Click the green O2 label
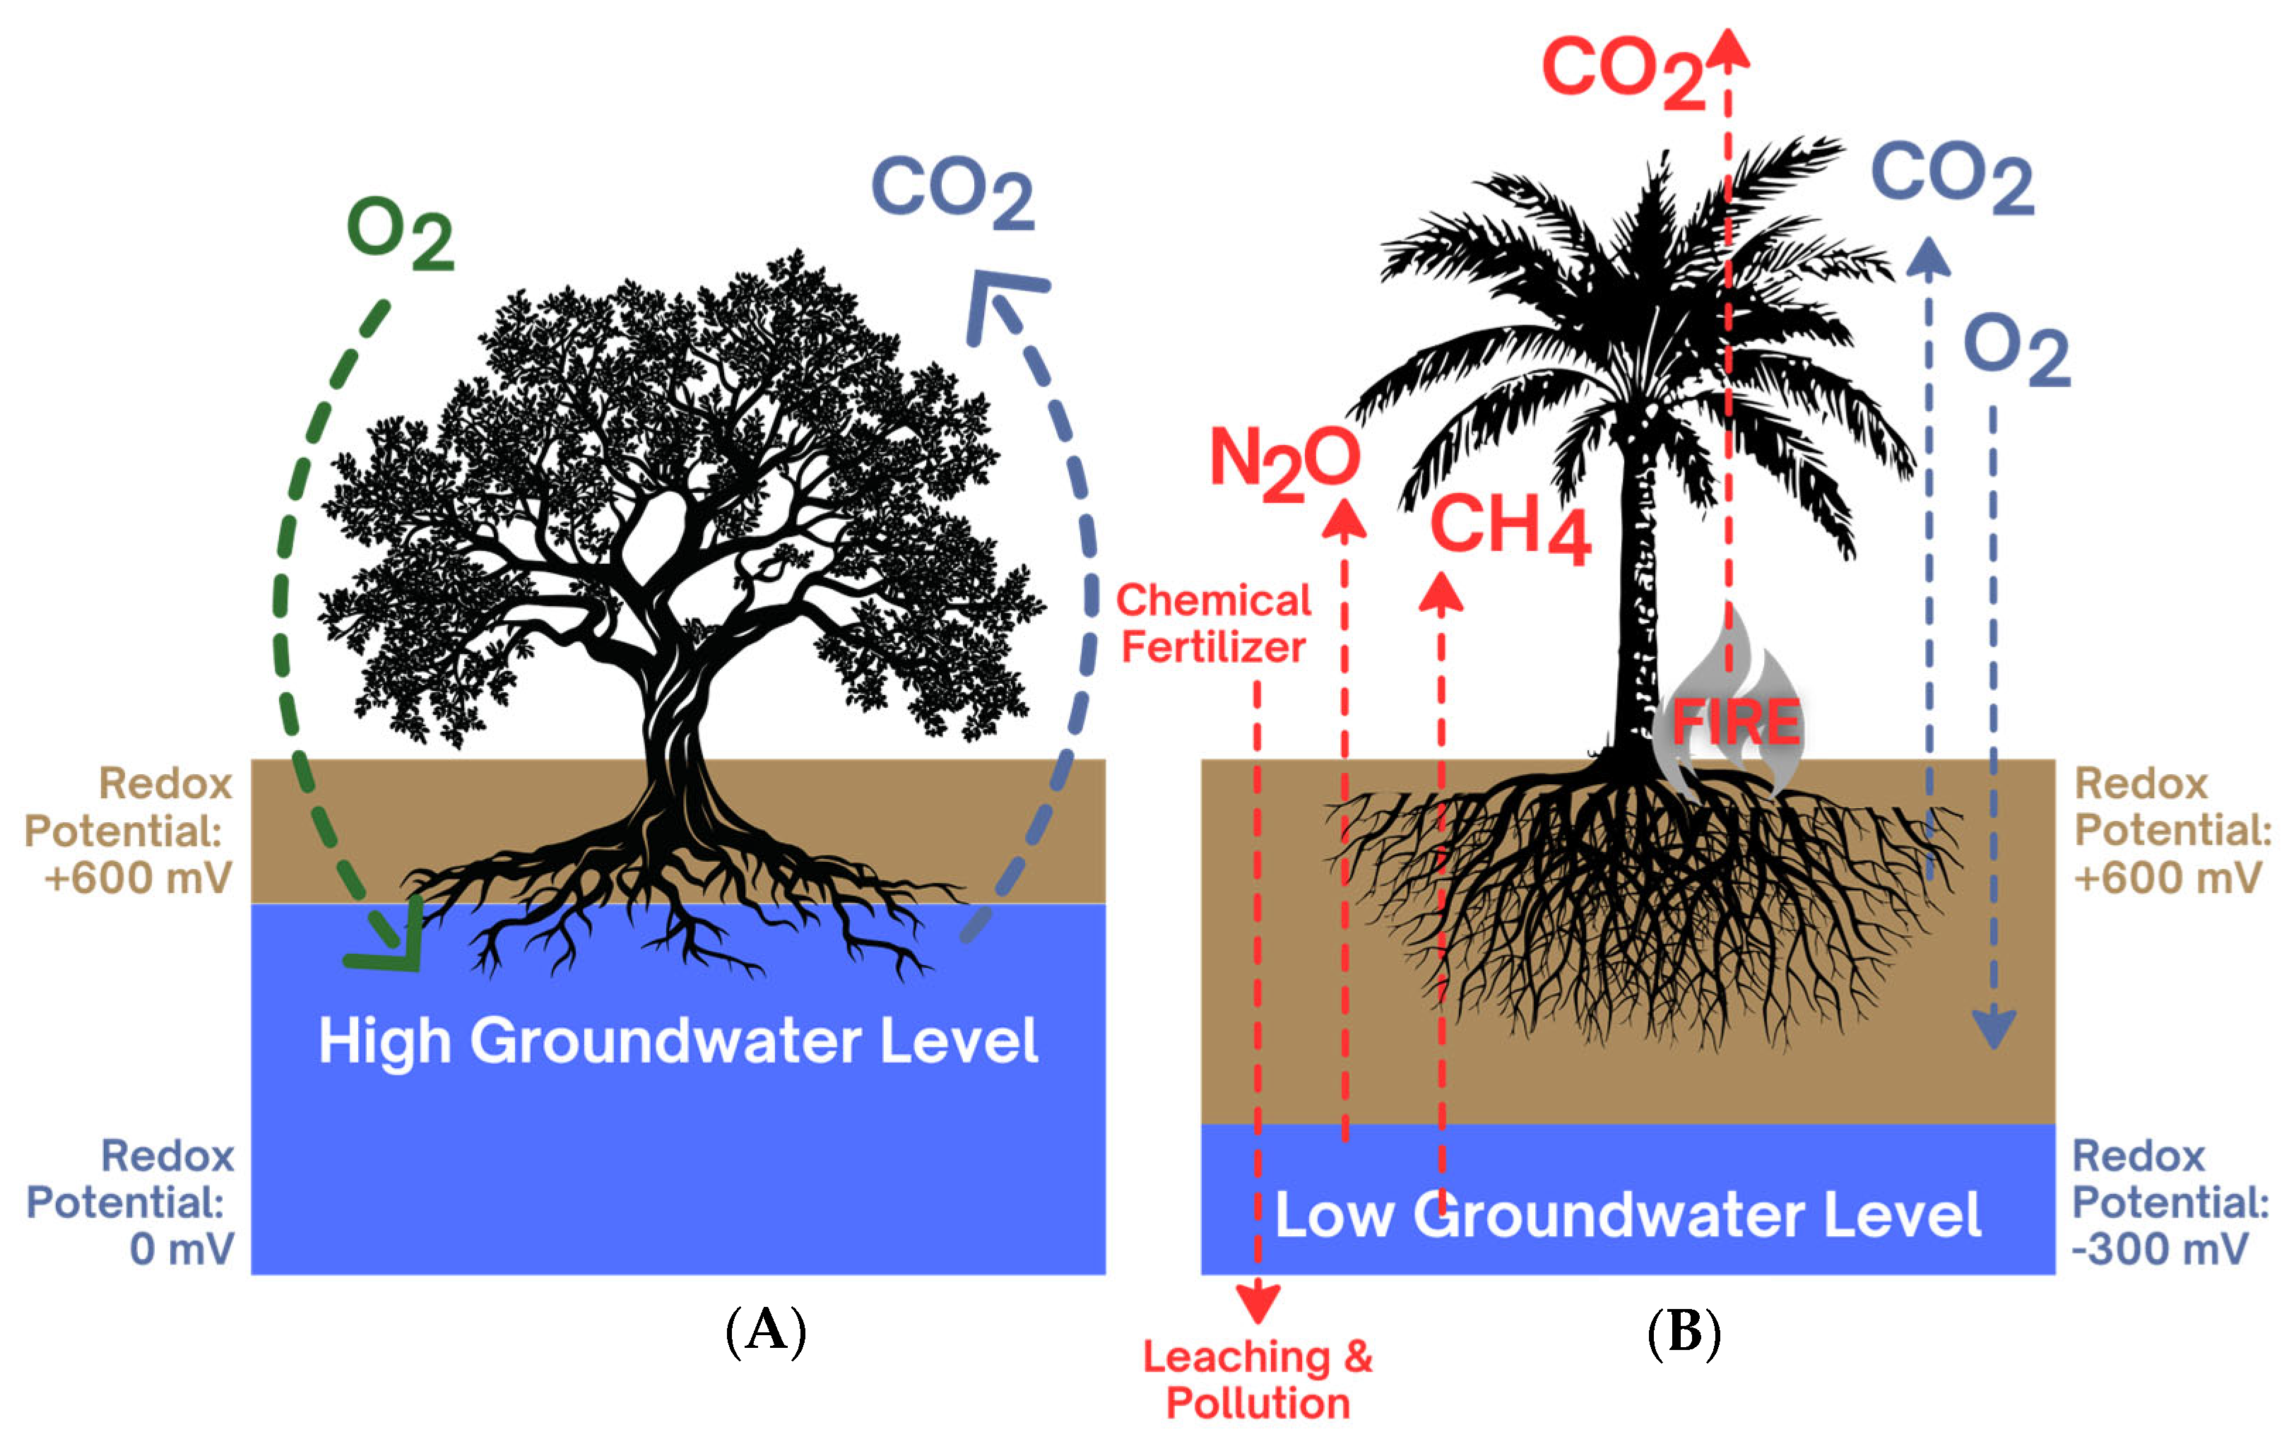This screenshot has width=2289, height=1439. point(398,233)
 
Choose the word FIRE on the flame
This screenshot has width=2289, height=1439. point(1736,723)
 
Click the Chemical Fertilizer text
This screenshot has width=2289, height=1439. point(1213,624)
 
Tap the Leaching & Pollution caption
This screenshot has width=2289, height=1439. point(1258,1380)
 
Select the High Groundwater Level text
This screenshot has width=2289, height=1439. point(678,1041)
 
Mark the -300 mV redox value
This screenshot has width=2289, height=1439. point(2160,1249)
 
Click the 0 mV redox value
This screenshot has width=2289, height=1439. point(182,1249)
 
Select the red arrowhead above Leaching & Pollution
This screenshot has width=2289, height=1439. point(1258,1302)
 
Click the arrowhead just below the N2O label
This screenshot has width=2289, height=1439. point(1344,520)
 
